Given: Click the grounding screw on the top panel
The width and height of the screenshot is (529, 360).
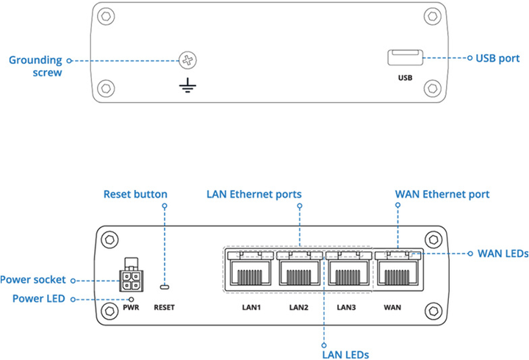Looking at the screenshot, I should [190, 61].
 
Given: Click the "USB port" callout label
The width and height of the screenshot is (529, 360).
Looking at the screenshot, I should [497, 57].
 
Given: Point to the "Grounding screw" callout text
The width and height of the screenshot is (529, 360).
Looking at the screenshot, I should [35, 66].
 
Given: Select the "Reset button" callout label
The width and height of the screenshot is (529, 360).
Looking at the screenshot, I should [135, 195].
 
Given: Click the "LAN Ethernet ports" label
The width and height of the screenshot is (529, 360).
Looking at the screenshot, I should [253, 195].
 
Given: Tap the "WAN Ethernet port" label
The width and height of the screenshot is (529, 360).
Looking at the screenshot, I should [442, 195].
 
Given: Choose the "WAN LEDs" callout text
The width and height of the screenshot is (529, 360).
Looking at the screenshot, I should [503, 254].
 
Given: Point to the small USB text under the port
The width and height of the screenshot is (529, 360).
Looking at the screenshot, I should [404, 77].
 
